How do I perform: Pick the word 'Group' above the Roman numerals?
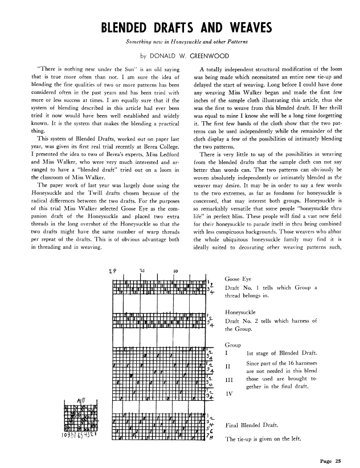[234, 345]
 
